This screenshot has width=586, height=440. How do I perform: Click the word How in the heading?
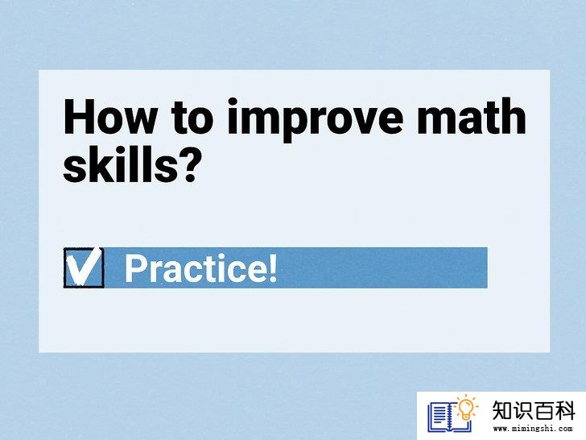point(109,116)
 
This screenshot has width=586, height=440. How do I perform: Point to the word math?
point(472,115)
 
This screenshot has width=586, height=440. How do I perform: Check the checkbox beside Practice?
point(84,268)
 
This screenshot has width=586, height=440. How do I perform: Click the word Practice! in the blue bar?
point(200,268)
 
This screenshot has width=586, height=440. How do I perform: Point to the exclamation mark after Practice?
point(273,268)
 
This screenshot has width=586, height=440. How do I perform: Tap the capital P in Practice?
point(135,268)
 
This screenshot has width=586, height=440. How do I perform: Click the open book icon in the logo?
point(449,417)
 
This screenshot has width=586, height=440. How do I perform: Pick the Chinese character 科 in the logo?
point(564,410)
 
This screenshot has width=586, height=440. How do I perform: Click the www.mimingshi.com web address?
point(533,429)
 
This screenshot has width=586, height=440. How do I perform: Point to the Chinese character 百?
point(544,410)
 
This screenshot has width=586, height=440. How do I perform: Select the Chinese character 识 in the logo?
point(523,410)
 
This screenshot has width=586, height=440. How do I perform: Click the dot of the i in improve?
point(233,102)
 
